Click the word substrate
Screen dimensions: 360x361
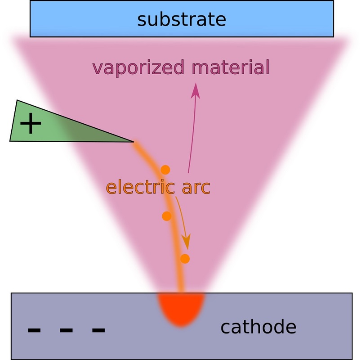(181, 20)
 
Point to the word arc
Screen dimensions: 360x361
(196, 187)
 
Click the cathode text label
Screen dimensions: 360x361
(258, 327)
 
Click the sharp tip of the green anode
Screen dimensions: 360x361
(133, 142)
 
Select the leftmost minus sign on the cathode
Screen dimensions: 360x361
(34, 330)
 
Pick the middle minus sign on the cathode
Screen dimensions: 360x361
(66, 330)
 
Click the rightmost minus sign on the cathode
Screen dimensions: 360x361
(98, 330)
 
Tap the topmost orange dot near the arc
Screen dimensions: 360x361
(165, 170)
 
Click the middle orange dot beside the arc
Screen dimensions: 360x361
(167, 216)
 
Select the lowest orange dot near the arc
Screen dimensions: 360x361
(185, 258)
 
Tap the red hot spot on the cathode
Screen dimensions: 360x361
(181, 308)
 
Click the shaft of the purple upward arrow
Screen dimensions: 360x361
(192, 135)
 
